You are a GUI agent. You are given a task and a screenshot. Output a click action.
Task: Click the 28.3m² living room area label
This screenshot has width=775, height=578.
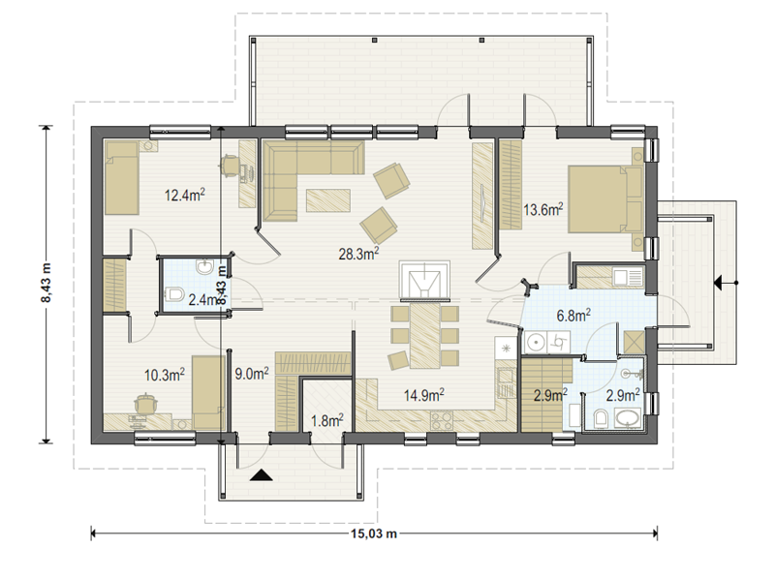(358, 254)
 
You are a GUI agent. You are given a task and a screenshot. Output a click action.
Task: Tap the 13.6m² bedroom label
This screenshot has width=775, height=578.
(543, 210)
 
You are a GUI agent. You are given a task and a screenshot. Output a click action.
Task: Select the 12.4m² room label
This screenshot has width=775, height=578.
(184, 195)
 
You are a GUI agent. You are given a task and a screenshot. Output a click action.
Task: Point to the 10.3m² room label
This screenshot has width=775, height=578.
(165, 375)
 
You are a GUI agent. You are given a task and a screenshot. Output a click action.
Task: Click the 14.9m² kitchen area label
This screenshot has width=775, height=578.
(423, 395)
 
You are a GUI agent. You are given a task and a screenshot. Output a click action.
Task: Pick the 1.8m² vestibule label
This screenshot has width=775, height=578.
(327, 421)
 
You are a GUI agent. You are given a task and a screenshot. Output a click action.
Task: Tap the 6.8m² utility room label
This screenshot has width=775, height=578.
(573, 315)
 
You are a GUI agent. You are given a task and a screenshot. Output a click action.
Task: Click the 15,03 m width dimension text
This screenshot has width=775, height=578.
(374, 533)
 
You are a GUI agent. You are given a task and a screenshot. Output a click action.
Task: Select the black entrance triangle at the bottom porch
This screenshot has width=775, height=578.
(261, 475)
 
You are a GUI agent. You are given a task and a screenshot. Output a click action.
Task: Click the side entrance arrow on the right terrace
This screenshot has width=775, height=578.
(725, 283)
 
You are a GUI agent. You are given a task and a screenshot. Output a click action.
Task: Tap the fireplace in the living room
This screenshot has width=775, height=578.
(424, 281)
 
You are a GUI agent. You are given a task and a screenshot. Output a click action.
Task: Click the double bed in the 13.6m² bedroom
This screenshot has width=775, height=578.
(605, 199)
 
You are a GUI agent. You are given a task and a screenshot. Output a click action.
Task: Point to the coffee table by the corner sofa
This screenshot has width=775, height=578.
(328, 200)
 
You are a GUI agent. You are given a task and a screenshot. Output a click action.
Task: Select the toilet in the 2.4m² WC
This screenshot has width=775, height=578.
(174, 294)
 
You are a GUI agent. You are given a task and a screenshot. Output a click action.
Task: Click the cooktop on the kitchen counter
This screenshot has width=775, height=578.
(442, 420)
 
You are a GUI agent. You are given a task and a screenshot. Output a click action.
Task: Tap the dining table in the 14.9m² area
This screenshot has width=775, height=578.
(424, 335)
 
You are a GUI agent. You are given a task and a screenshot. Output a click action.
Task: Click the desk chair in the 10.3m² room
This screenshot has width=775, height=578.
(145, 403)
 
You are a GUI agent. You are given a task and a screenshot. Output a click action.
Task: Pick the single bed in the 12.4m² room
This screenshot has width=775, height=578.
(122, 178)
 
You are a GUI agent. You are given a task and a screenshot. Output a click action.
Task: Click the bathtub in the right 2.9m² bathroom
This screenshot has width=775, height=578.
(628, 417)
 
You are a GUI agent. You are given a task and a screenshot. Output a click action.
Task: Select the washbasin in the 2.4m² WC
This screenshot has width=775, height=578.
(204, 267)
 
